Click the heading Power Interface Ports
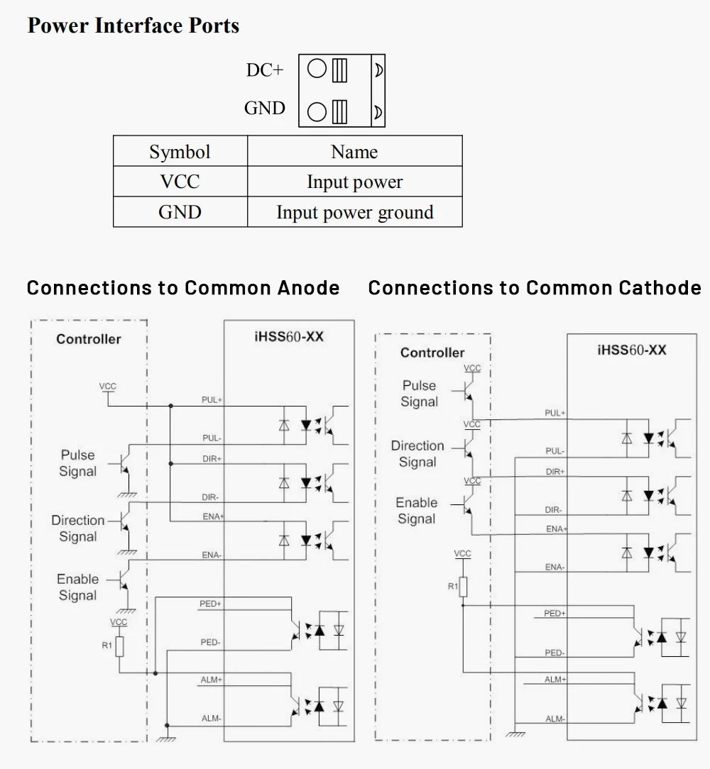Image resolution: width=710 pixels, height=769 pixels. (133, 26)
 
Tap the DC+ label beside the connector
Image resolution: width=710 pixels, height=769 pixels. (264, 70)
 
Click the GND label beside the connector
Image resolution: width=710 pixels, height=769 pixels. (264, 108)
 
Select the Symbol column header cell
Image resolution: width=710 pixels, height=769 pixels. (180, 152)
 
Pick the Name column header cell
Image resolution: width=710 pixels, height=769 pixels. (354, 152)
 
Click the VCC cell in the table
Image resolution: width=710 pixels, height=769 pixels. (180, 182)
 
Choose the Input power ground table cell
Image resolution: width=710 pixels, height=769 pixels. (354, 212)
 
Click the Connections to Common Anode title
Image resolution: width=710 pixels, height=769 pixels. (183, 288)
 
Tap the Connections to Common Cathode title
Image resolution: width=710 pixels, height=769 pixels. (535, 288)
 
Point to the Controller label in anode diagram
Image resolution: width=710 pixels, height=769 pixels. (89, 339)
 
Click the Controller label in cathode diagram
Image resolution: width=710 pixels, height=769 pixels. (432, 353)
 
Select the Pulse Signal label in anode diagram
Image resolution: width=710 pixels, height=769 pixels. (77, 463)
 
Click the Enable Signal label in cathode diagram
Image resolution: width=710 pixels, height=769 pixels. (417, 511)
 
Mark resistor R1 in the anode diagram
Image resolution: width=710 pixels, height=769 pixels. (119, 646)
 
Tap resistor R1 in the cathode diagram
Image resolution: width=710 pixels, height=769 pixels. (462, 587)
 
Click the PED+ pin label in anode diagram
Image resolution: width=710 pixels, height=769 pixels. (211, 604)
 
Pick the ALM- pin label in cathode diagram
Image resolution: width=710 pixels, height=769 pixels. (555, 719)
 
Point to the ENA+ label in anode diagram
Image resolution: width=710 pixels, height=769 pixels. (212, 516)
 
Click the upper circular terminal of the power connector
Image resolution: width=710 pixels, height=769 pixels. (317, 69)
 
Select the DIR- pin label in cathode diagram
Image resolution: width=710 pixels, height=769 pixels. (554, 509)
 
